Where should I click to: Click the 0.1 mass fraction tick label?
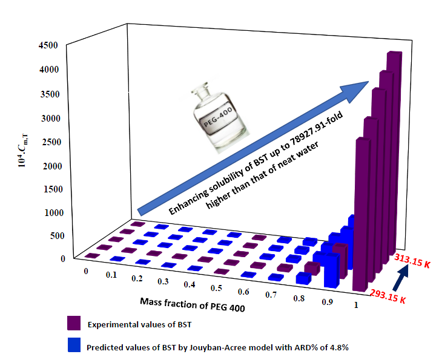click(110, 275)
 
